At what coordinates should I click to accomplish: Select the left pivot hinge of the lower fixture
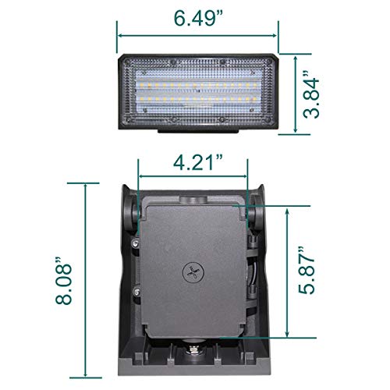point(130,211)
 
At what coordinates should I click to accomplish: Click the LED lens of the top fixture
point(197,92)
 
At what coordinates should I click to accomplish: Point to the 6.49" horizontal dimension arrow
point(197,34)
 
